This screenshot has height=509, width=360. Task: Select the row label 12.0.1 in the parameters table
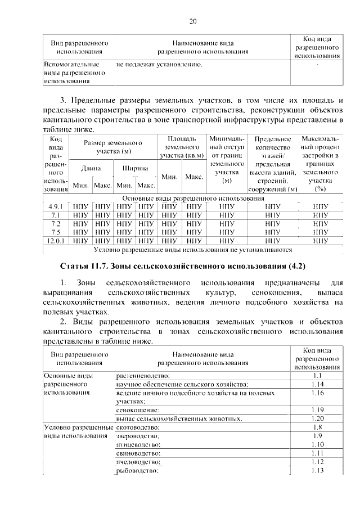point(55,241)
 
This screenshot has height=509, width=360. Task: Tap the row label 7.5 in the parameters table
point(55,232)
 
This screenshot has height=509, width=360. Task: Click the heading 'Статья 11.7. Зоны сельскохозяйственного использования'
point(190,265)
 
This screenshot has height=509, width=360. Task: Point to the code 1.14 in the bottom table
point(317,384)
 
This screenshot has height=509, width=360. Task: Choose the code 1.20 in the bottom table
point(317,418)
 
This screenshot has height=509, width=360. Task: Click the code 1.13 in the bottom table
point(317,471)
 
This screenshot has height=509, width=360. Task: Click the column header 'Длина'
point(91,168)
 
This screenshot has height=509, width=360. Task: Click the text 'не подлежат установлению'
point(160,65)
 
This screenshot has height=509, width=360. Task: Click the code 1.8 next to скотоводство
point(317,427)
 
